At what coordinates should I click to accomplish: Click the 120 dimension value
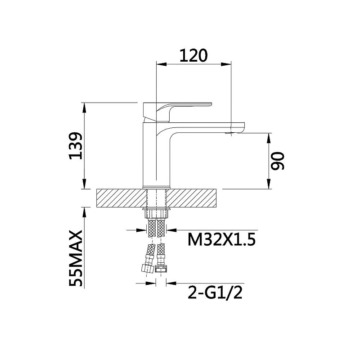[193, 55]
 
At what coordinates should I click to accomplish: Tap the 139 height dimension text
[76, 146]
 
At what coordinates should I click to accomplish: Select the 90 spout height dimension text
[278, 161]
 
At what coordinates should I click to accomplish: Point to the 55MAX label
[76, 258]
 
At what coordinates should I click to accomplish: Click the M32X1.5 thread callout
[221, 239]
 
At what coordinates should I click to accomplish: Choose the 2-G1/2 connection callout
[215, 292]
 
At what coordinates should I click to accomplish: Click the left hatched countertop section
[121, 198]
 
